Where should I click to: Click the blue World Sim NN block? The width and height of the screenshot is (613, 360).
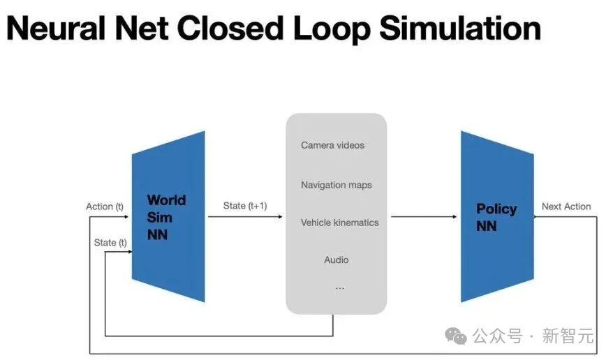[x=168, y=217]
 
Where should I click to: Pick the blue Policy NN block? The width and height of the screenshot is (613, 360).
[x=496, y=217]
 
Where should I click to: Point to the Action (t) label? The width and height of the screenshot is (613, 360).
[x=105, y=207]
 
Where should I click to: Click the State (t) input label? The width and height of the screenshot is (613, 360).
[x=110, y=242]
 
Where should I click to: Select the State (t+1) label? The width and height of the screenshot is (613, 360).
[x=245, y=206]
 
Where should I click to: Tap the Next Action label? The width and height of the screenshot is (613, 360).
[x=566, y=207]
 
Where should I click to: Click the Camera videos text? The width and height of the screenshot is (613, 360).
[x=332, y=145]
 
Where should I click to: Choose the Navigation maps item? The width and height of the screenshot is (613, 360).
[x=336, y=185]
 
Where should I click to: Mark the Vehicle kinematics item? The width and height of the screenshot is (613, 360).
[x=339, y=223]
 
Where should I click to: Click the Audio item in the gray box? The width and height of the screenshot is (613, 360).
[x=336, y=260]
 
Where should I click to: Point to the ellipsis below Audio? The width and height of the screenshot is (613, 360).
[x=339, y=287]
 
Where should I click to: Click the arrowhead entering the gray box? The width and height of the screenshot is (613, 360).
[x=281, y=217]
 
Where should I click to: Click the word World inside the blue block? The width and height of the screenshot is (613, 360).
[x=166, y=201]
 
